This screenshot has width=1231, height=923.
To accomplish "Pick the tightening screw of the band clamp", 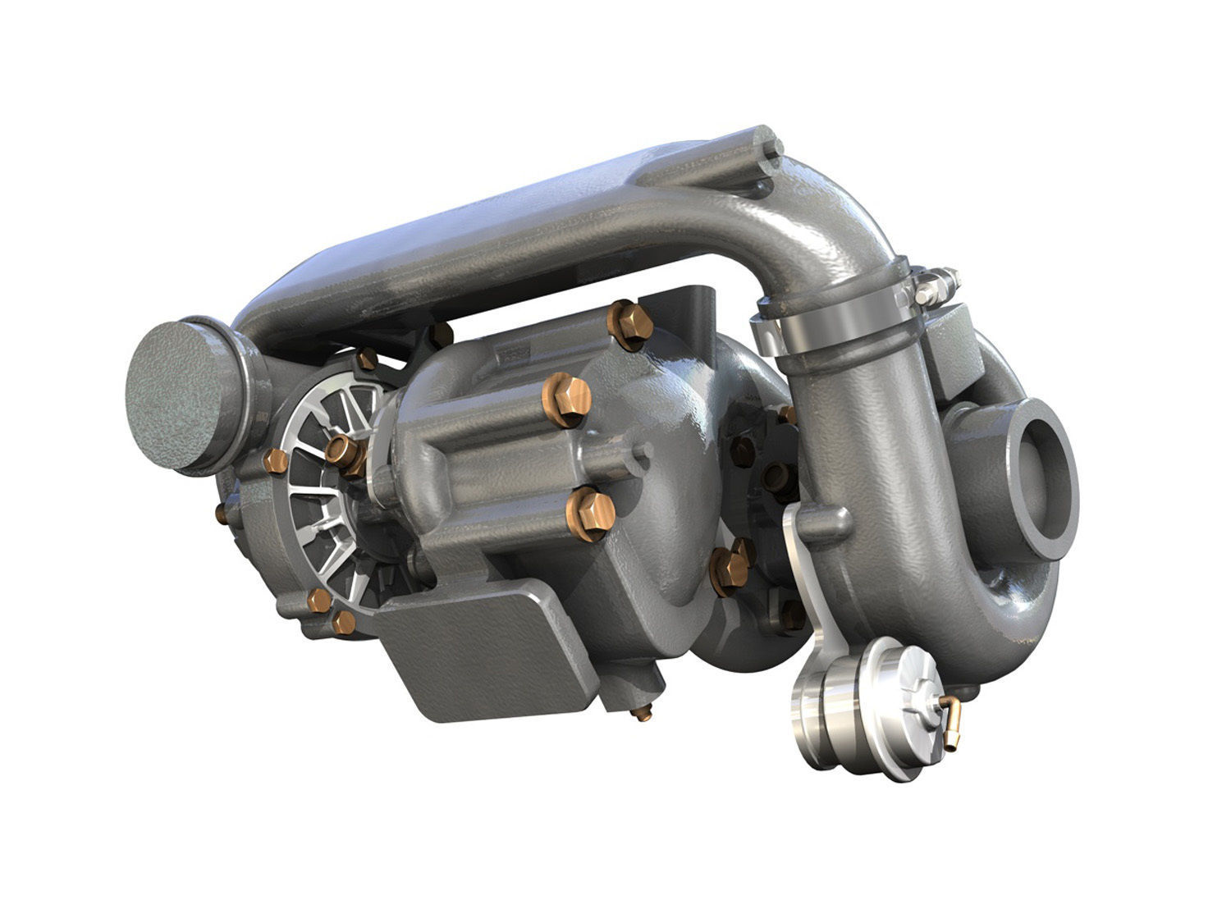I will (936, 283).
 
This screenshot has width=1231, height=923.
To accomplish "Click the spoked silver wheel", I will (332, 492).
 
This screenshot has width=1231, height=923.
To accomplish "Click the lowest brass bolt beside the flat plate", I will (343, 623).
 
